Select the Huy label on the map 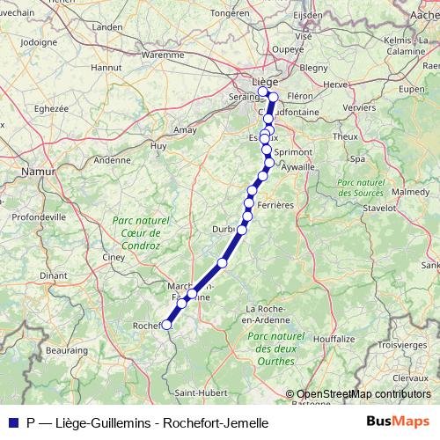(x=158, y=145)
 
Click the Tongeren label (x=231, y=14)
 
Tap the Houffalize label (x=334, y=338)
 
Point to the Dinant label (x=53, y=275)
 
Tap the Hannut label (x=106, y=67)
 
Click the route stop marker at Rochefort (x=166, y=325)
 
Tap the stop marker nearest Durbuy (x=242, y=230)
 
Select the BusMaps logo (x=398, y=422)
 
